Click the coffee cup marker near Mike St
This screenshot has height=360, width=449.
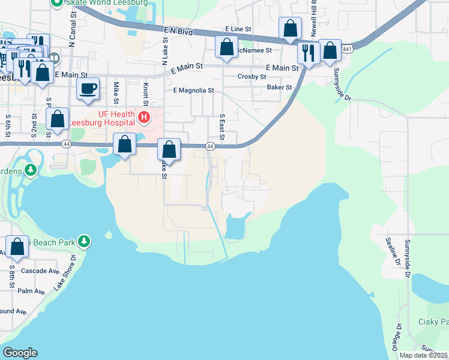pyautogui.click(x=88, y=89)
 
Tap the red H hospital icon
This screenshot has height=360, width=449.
pyautogui.click(x=143, y=117)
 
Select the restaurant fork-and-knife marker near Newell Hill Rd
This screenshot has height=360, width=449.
pyautogui.click(x=308, y=53)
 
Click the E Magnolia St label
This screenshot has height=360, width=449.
pyautogui.click(x=193, y=91)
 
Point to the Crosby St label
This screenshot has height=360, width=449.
pyautogui.click(x=252, y=77)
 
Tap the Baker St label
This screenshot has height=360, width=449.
pyautogui.click(x=279, y=88)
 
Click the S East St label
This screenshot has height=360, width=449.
pyautogui.click(x=221, y=128)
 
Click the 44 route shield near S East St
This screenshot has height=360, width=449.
pyautogui.click(x=210, y=146)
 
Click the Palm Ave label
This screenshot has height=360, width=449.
pyautogui.click(x=31, y=292)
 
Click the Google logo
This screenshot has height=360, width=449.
pyautogui.click(x=20, y=353)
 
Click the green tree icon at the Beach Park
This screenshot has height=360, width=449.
pyautogui.click(x=85, y=242)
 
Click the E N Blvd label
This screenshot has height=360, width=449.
pyautogui.click(x=178, y=32)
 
